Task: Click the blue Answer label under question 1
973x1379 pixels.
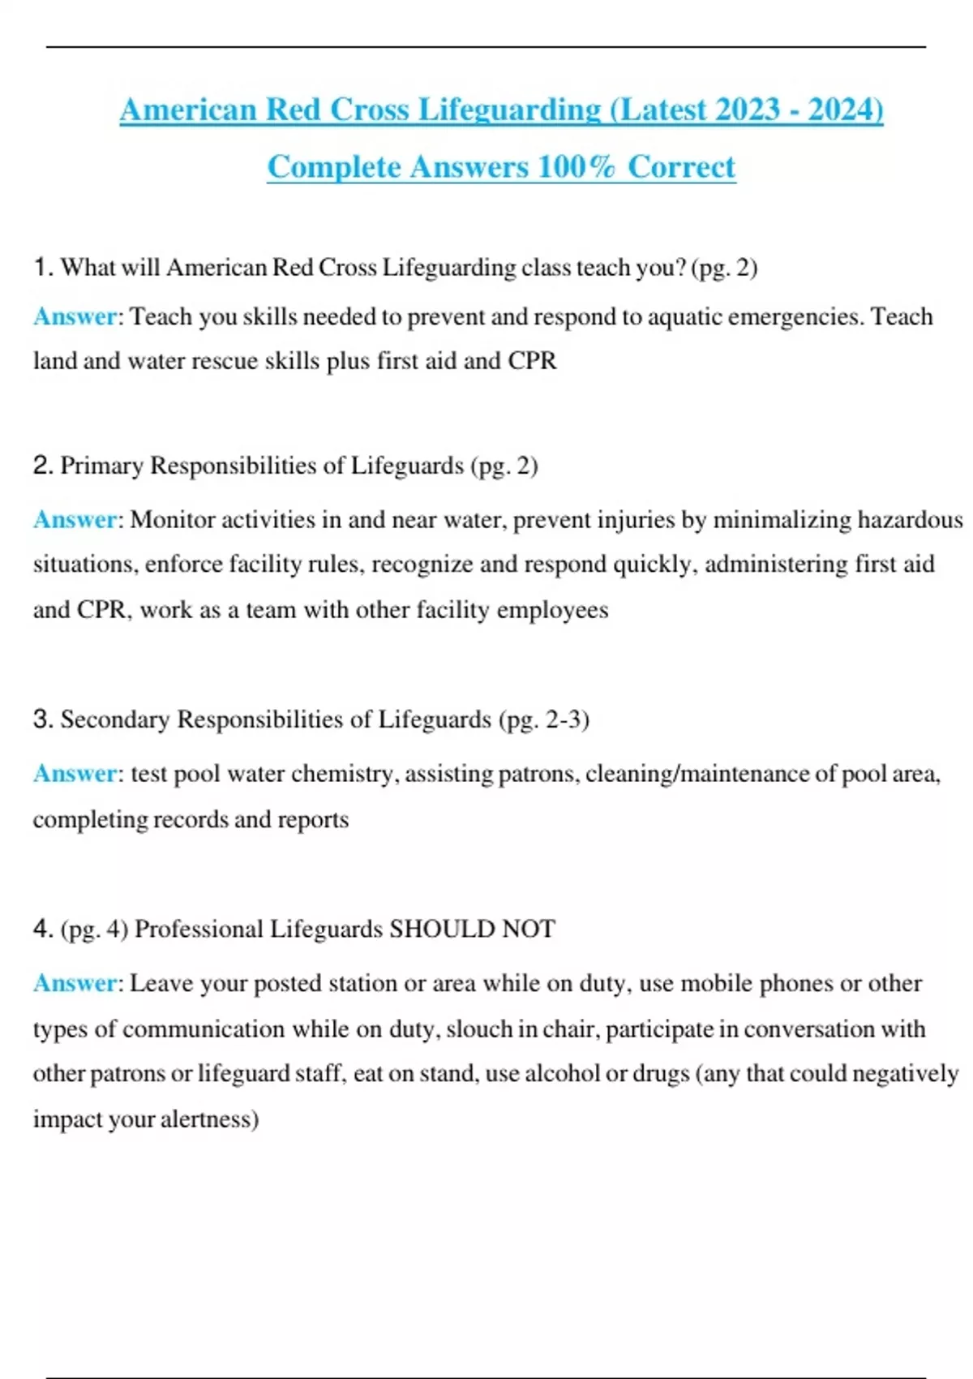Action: [x=75, y=316]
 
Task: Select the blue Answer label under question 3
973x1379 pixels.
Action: [x=75, y=774]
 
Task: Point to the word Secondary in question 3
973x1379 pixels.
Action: [x=114, y=720]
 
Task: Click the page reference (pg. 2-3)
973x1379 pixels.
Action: [x=543, y=720]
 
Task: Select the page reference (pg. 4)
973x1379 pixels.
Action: [x=94, y=929]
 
